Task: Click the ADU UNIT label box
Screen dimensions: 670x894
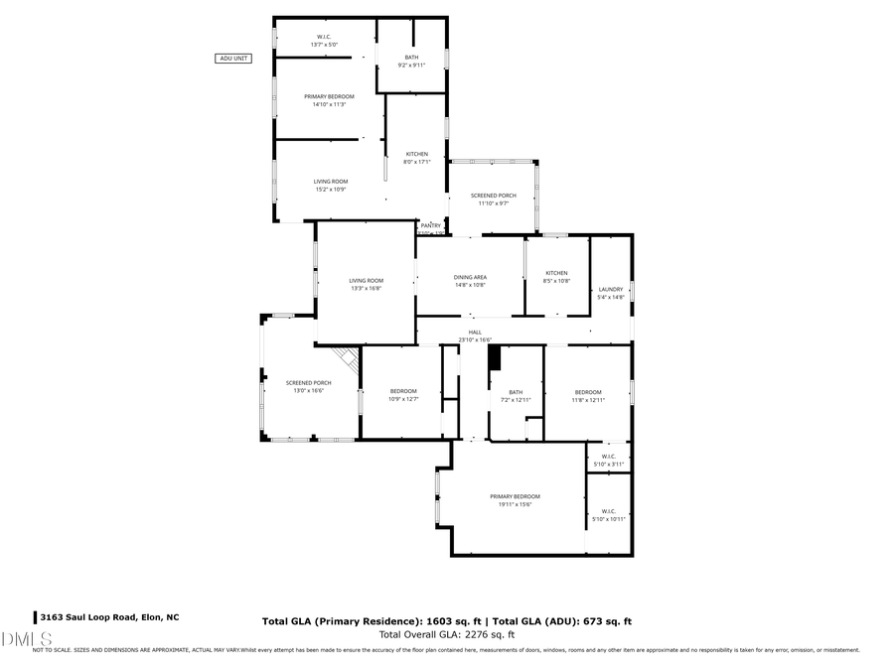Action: (233, 59)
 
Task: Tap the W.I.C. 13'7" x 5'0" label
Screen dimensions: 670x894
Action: (324, 41)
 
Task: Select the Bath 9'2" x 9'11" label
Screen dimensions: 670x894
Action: (411, 62)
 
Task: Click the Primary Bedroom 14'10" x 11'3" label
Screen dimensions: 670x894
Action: (329, 100)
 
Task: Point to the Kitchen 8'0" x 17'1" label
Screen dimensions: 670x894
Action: (416, 158)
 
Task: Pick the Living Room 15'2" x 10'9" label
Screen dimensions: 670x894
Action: (331, 185)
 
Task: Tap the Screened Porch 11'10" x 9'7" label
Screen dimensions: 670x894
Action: (494, 200)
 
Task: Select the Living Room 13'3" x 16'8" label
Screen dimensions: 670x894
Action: (366, 285)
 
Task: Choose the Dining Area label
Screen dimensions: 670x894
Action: (470, 281)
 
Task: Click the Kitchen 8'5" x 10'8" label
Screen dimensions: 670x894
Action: (556, 277)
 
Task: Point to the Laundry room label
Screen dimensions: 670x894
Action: (611, 293)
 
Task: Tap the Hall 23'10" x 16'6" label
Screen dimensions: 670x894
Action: (475, 336)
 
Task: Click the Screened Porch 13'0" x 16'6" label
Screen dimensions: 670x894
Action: (308, 387)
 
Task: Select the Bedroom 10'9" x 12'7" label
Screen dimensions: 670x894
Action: (403, 395)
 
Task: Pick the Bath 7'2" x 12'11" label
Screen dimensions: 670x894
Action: (516, 396)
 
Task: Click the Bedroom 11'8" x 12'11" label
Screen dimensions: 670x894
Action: (588, 396)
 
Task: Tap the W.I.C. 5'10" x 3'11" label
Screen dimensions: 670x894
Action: (609, 461)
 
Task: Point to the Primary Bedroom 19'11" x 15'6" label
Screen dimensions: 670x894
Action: (515, 500)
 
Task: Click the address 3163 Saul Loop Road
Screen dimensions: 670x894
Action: (108, 617)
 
